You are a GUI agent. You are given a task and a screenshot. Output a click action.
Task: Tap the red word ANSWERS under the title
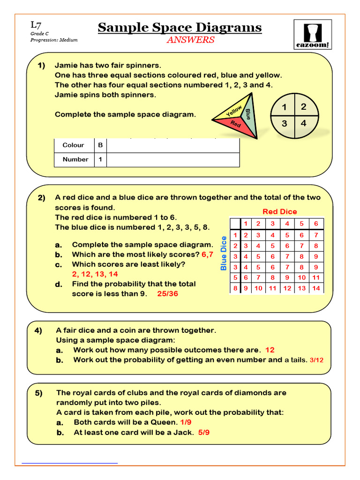(190, 40)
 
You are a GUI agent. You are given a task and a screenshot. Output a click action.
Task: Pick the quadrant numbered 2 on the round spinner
(304, 107)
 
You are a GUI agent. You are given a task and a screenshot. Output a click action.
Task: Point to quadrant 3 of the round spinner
(285, 124)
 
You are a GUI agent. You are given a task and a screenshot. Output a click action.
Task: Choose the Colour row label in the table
(73, 145)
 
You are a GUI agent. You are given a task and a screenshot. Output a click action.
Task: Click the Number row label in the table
(75, 159)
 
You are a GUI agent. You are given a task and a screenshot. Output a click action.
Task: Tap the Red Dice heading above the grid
(279, 211)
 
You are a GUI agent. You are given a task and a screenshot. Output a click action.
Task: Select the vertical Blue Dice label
(224, 253)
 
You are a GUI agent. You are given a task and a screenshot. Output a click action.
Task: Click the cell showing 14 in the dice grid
(316, 288)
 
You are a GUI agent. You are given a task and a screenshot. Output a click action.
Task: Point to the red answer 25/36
(168, 294)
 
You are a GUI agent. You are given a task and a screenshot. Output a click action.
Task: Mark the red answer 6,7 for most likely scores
(207, 255)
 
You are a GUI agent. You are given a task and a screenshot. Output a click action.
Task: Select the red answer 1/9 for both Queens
(186, 422)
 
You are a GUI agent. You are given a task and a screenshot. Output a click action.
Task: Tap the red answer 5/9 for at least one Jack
(204, 432)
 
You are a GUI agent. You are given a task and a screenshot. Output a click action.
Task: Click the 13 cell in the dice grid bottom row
(301, 288)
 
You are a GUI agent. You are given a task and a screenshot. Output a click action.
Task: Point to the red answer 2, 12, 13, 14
(95, 274)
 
